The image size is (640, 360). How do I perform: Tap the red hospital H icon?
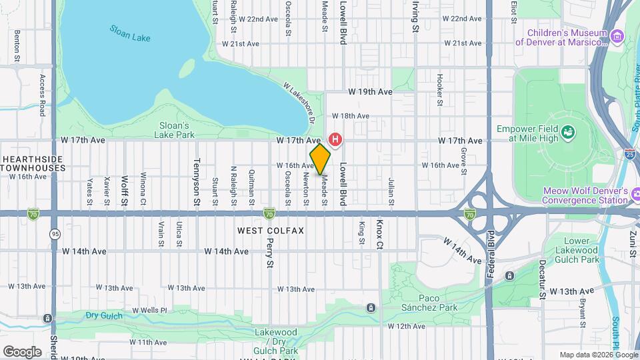[335, 140]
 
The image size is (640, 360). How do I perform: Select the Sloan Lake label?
[130, 34]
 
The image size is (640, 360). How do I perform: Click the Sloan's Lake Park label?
[177, 129]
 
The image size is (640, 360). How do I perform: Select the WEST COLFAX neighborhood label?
[271, 231]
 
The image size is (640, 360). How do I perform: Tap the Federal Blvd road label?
[490, 253]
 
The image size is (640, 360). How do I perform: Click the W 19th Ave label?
[369, 92]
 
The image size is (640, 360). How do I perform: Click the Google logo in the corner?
[22, 351]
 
